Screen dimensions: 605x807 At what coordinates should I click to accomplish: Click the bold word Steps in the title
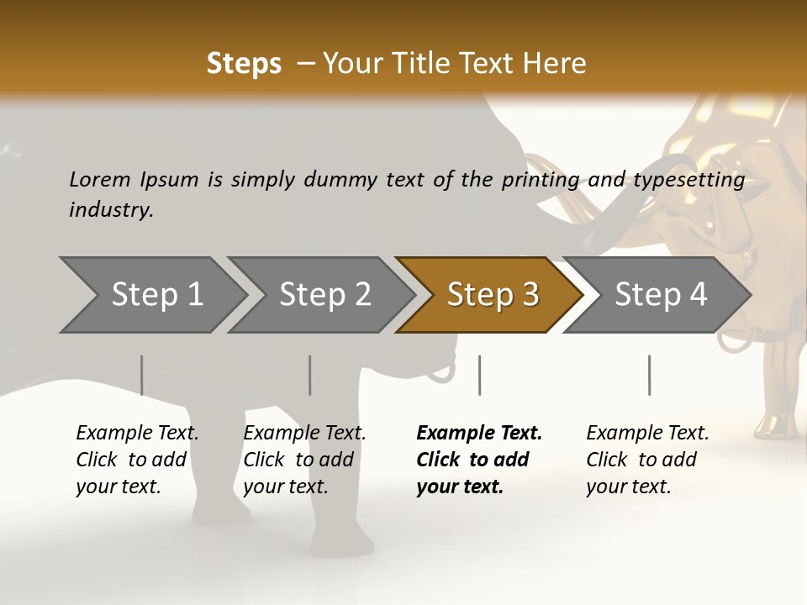click(244, 63)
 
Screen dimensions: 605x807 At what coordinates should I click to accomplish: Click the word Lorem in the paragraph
click(100, 179)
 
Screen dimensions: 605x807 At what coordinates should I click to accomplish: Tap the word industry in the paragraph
click(110, 210)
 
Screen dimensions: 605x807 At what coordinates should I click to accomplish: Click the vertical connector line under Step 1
click(142, 375)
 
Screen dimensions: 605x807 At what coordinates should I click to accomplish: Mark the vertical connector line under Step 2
click(310, 375)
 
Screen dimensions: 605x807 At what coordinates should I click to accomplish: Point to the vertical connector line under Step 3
click(479, 375)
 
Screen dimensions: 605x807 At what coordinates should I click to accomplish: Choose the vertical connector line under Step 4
click(649, 375)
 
